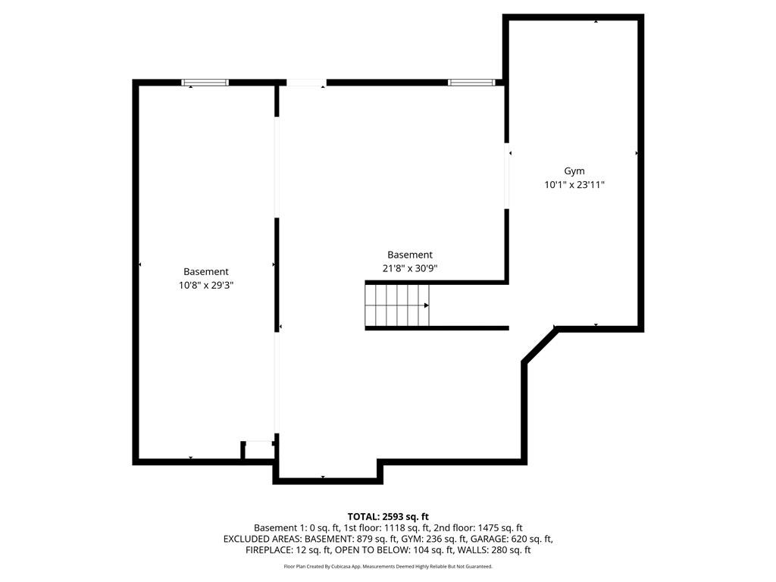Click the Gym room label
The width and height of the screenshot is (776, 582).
click(x=574, y=171)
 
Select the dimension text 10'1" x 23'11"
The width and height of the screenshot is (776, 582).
click(x=574, y=185)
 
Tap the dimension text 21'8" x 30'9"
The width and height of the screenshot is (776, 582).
click(x=410, y=268)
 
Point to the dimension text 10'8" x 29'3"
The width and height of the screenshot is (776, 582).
click(x=205, y=285)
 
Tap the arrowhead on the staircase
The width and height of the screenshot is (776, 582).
click(x=427, y=305)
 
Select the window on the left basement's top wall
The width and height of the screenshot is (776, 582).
click(x=205, y=82)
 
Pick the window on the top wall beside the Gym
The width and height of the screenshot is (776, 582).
click(x=471, y=82)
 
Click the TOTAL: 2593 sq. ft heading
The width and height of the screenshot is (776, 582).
click(x=388, y=517)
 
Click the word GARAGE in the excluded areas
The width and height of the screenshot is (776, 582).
click(x=470, y=540)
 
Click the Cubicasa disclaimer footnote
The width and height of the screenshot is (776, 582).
click(x=388, y=567)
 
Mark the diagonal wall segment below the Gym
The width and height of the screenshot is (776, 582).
click(x=540, y=346)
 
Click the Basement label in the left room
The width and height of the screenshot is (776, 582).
click(x=205, y=271)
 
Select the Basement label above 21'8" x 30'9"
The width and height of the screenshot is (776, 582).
click(x=410, y=255)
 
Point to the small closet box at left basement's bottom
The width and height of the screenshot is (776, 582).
click(x=258, y=450)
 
